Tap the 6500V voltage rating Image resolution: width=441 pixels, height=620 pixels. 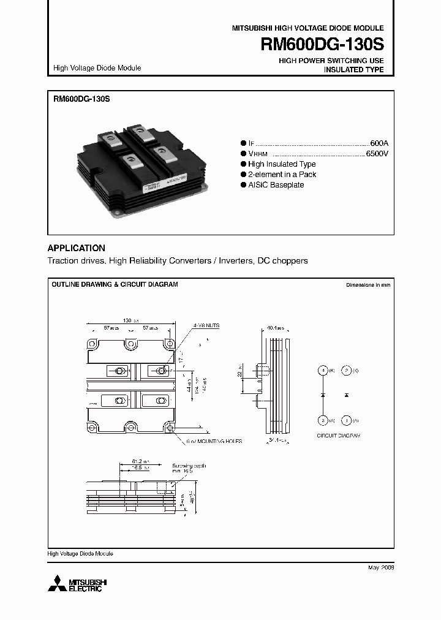[x=376, y=154]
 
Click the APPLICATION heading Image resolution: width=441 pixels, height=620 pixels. [x=76, y=248]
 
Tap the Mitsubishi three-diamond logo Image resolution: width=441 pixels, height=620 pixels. [x=59, y=583]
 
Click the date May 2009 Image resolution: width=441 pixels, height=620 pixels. [x=380, y=568]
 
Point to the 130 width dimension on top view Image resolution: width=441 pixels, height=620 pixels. [x=128, y=320]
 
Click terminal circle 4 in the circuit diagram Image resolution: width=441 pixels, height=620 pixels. [x=323, y=371]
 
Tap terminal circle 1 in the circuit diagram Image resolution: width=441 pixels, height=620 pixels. [x=346, y=420]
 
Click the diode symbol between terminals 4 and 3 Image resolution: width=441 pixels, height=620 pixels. [x=323, y=396]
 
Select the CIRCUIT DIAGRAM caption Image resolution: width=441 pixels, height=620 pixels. [x=338, y=435]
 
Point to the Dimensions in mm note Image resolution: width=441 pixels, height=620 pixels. [x=367, y=285]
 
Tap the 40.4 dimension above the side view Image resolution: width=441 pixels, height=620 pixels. [x=273, y=328]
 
